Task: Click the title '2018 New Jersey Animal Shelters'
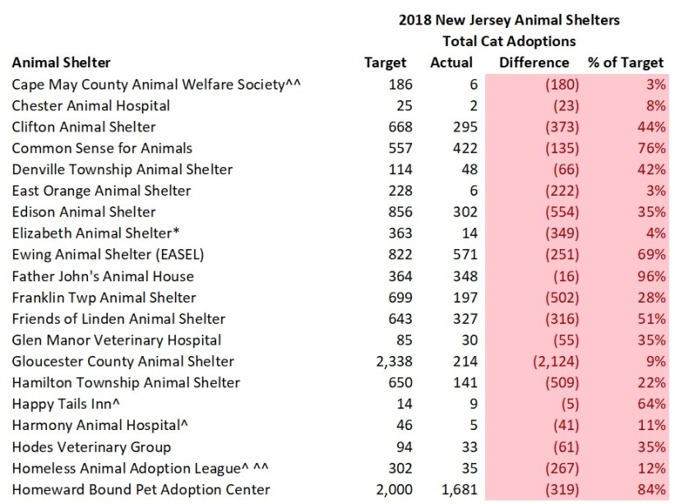click(x=509, y=20)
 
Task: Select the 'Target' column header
click(x=385, y=62)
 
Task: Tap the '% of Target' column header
click(x=626, y=62)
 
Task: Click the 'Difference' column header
click(x=534, y=62)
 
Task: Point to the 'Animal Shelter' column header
click(x=61, y=62)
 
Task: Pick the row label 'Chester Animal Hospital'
click(x=91, y=105)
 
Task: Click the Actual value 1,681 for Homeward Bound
click(x=453, y=490)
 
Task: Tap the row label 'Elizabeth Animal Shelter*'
click(x=93, y=234)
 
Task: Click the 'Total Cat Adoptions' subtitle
click(x=509, y=41)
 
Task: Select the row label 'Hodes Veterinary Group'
click(x=91, y=447)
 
